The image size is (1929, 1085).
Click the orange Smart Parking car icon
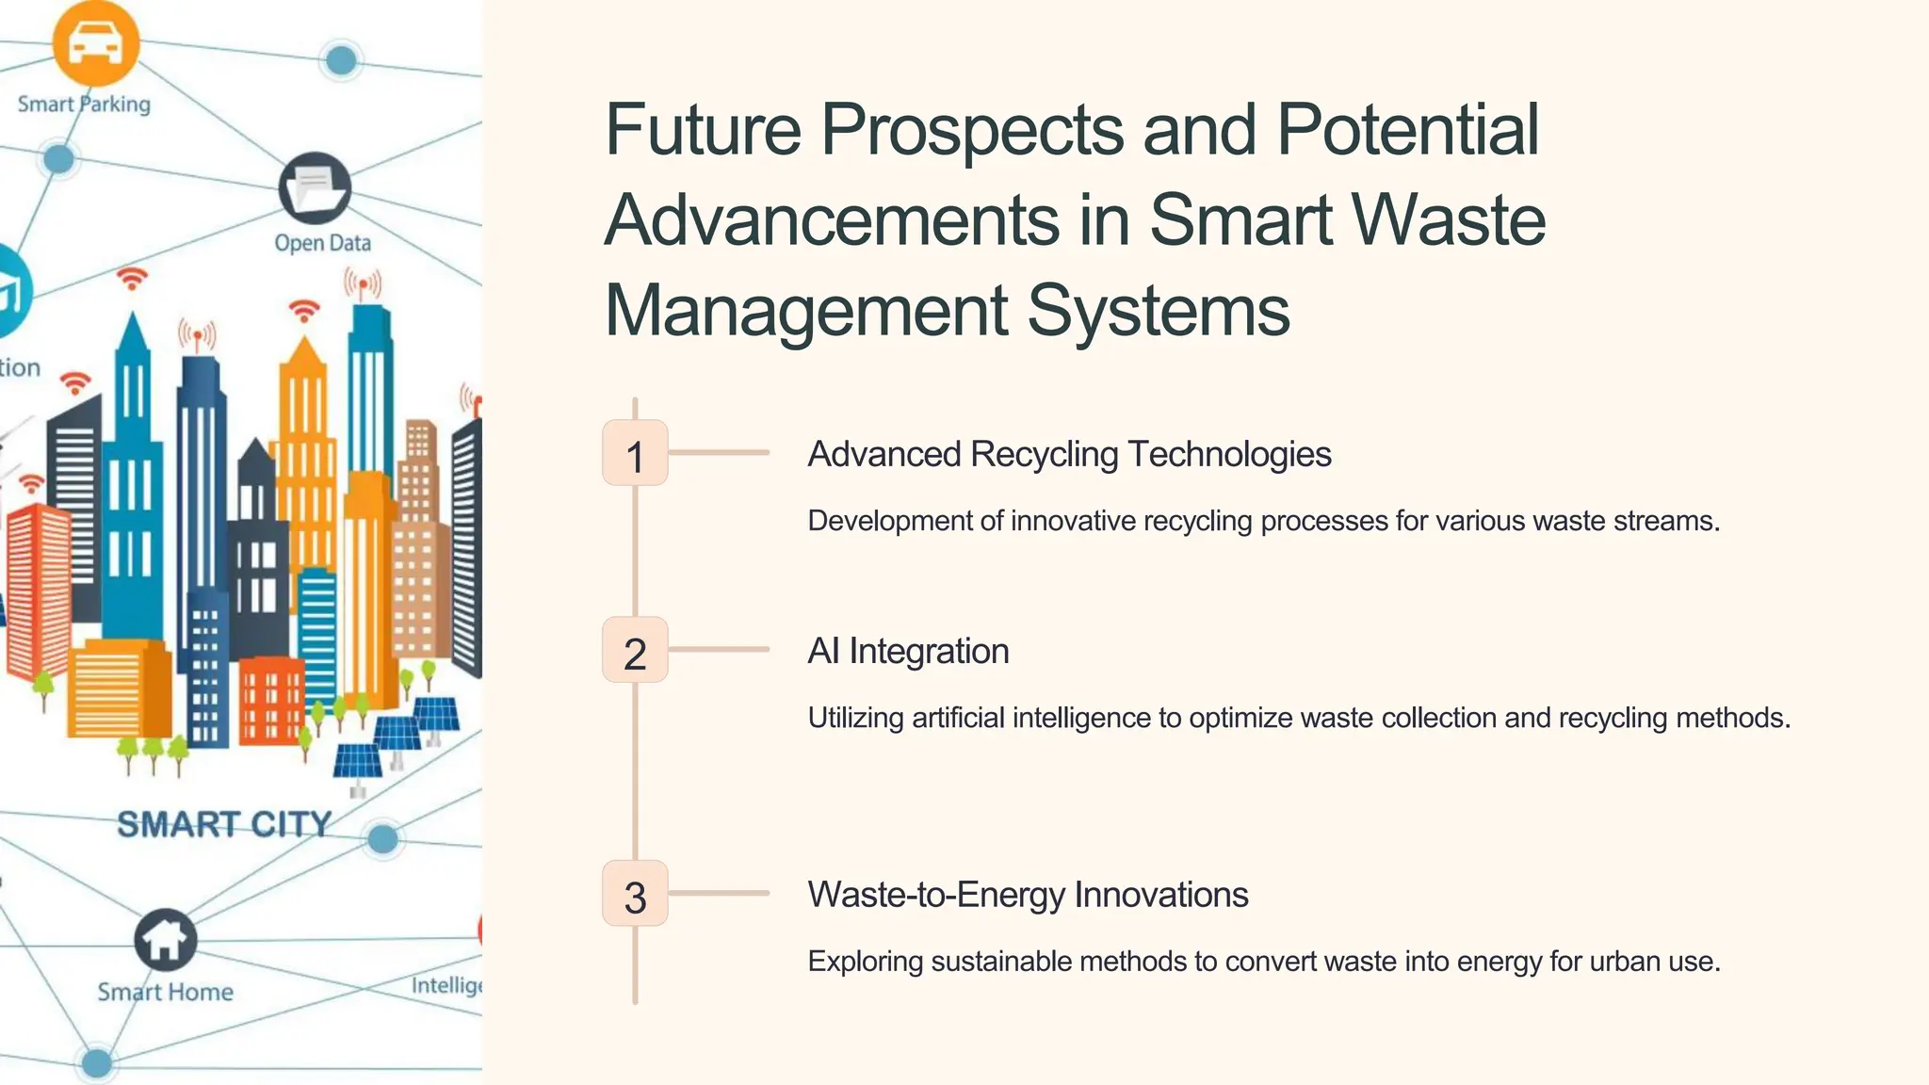tap(96, 42)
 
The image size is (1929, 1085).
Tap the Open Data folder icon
tap(315, 187)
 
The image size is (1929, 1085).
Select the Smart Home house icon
tap(166, 939)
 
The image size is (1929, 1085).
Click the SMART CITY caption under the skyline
tap(224, 824)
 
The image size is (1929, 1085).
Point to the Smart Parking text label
tap(84, 104)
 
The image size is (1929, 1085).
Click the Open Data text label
tap(322, 243)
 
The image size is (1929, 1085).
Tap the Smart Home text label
tap(166, 992)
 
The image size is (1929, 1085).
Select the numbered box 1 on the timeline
tap(635, 453)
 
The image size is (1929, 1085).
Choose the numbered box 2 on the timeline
tap(635, 650)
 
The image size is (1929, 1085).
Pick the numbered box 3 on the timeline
tap(635, 894)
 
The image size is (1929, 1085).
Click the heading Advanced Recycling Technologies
tap(1069, 454)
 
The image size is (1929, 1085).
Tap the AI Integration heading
tap(908, 651)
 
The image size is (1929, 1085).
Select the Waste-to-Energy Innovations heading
tap(1028, 895)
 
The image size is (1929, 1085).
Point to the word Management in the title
tap(806, 311)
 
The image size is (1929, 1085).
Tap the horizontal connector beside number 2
tap(719, 649)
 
